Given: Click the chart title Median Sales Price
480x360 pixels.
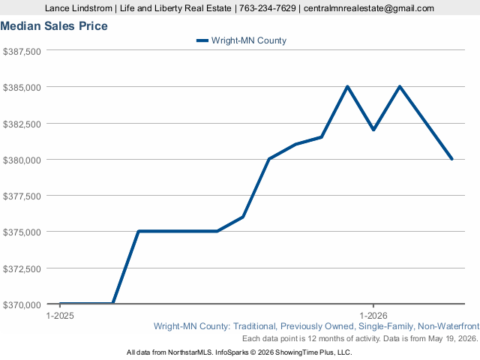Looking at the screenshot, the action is [54, 26].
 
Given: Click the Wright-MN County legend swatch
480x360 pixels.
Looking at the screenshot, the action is [202, 40].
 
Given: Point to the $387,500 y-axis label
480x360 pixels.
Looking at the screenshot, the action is [22, 52].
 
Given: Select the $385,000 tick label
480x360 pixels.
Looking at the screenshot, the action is [22, 88].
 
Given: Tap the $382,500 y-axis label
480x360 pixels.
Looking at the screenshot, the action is [22, 124].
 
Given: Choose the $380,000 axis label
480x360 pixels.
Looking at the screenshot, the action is [22, 160].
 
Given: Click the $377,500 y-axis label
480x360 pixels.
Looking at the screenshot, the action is [22, 196].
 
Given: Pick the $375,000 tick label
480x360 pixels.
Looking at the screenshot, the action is [22, 232].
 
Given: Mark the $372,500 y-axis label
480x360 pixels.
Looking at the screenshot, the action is [22, 268].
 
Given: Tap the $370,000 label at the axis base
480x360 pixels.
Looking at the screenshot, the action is [22, 305].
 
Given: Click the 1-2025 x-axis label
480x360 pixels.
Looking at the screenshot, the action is [60, 316].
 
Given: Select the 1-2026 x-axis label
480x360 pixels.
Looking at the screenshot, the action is [373, 316].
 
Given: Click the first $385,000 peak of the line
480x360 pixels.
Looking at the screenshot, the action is [347, 87].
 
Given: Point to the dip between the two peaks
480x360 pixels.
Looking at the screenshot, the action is [373, 130].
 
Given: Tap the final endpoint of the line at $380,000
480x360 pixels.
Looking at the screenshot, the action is [451, 159].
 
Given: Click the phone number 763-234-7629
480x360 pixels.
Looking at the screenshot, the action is [268, 8].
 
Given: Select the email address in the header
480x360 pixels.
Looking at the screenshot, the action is [369, 8].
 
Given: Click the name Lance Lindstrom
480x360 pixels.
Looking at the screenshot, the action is [79, 8].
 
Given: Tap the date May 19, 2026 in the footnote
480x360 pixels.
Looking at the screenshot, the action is [452, 338].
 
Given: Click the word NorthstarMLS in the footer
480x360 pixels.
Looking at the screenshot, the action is [190, 352].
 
